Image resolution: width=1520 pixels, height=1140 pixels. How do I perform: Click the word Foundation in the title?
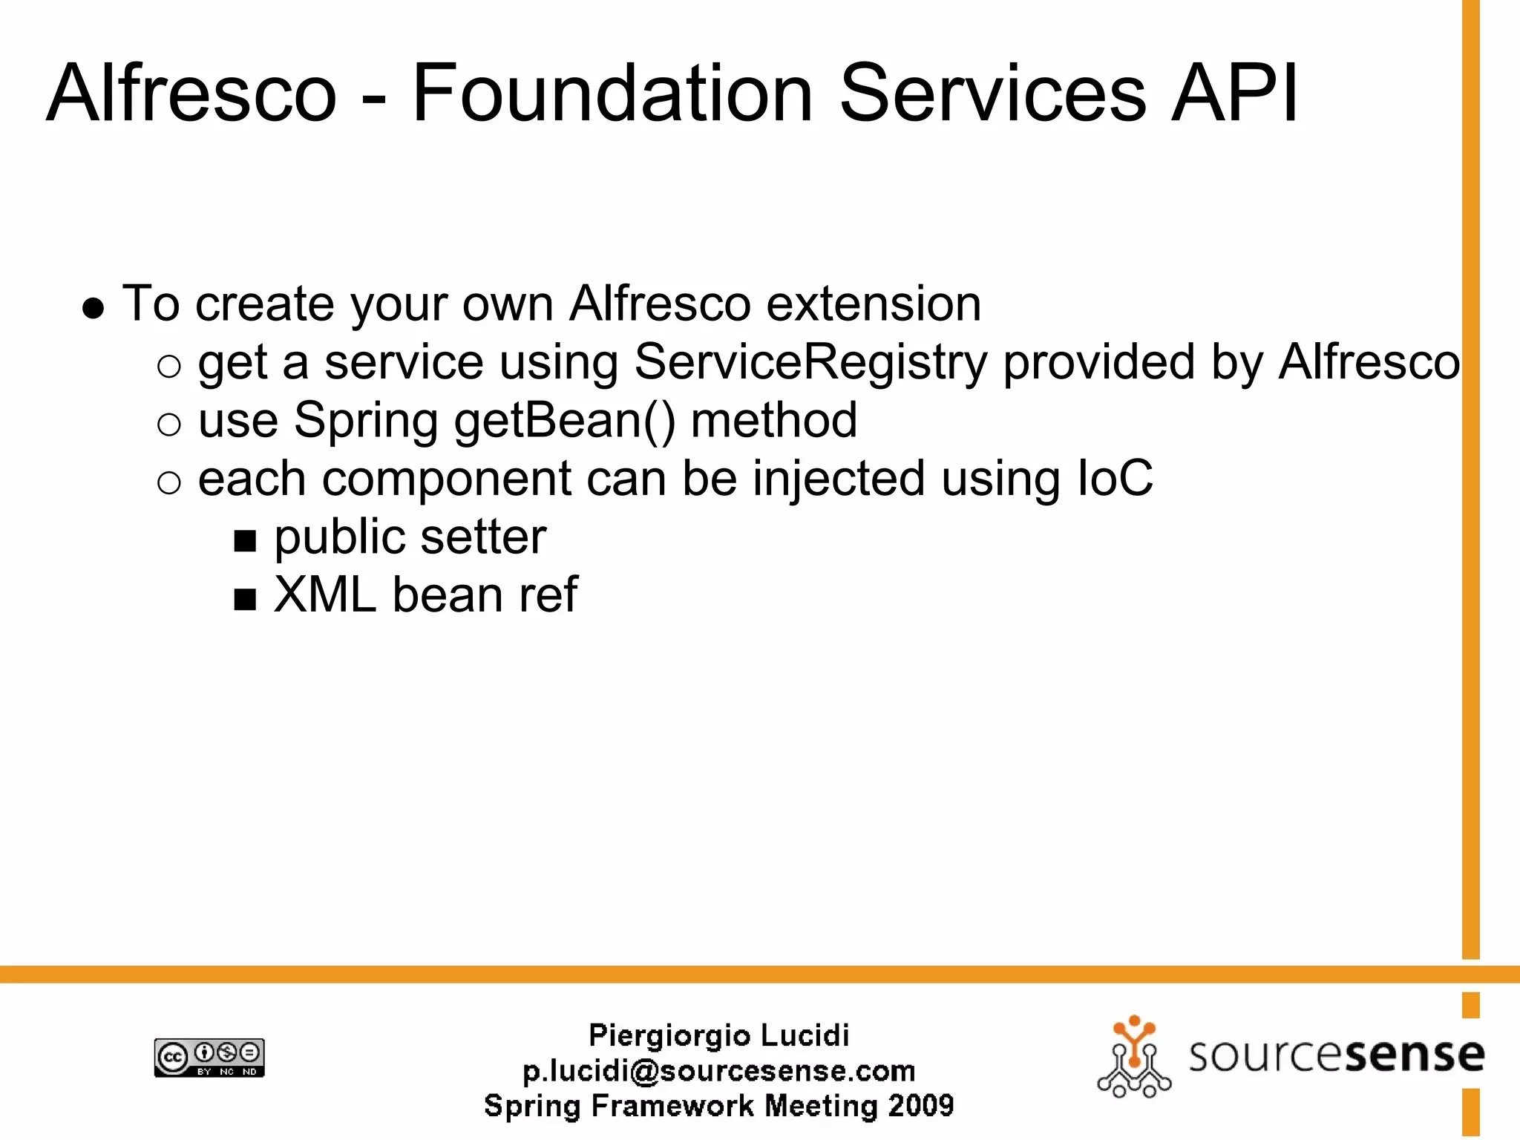[x=612, y=94]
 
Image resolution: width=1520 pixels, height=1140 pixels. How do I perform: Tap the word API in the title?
[x=1234, y=94]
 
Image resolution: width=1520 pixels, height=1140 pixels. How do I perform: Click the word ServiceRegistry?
[x=810, y=362]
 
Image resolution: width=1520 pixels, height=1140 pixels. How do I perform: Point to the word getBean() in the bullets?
[x=565, y=421]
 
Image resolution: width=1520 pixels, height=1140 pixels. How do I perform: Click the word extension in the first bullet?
[x=874, y=304]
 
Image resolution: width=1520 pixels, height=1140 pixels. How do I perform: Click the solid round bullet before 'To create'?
[x=94, y=308]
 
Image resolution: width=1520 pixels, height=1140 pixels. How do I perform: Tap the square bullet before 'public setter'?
[x=245, y=541]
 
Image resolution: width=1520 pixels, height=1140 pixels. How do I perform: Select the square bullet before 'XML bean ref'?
[x=245, y=599]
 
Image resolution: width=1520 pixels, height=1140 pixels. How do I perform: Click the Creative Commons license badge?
[x=209, y=1058]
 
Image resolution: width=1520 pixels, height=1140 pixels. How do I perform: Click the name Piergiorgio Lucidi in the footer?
[x=718, y=1035]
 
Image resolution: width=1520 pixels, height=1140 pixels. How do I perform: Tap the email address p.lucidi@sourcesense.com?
[x=718, y=1071]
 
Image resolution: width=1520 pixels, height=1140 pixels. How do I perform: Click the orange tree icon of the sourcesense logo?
[x=1133, y=1057]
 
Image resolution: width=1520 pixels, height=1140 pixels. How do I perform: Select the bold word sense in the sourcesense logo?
[x=1414, y=1055]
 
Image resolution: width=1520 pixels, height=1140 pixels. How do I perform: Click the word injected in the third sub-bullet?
[x=839, y=479]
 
